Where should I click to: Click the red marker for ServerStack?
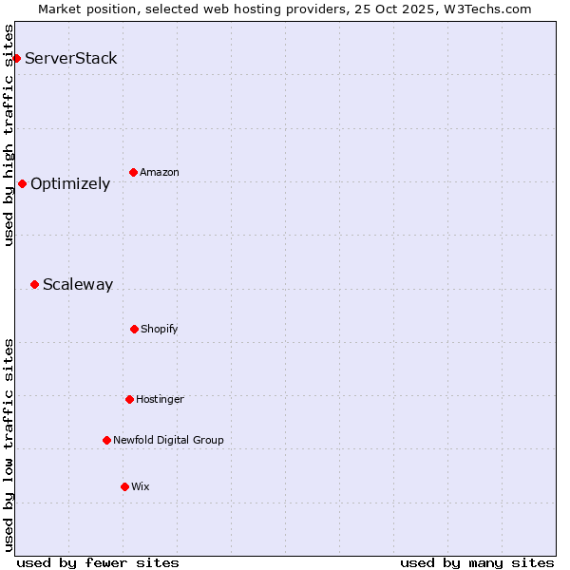coord(16,59)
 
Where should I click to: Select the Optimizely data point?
coord(22,183)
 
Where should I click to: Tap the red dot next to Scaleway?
coord(34,284)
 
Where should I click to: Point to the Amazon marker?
coord(133,172)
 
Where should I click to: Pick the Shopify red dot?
coord(134,329)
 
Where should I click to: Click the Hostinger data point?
coord(129,399)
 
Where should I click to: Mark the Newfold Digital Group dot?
coord(106,440)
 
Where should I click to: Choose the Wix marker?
coord(124,486)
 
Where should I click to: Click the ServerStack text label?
coord(71,59)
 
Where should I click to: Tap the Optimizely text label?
coord(70,184)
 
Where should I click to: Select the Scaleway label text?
coord(78,284)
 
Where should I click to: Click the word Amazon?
coord(160,172)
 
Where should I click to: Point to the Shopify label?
coord(160,329)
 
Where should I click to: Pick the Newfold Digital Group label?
coord(168,440)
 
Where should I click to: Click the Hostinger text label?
coord(160,399)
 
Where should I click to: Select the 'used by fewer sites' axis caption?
coord(98,562)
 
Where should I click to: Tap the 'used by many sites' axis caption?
coord(477,562)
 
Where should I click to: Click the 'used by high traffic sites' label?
coord(9,135)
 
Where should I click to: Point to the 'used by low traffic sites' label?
coord(9,444)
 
